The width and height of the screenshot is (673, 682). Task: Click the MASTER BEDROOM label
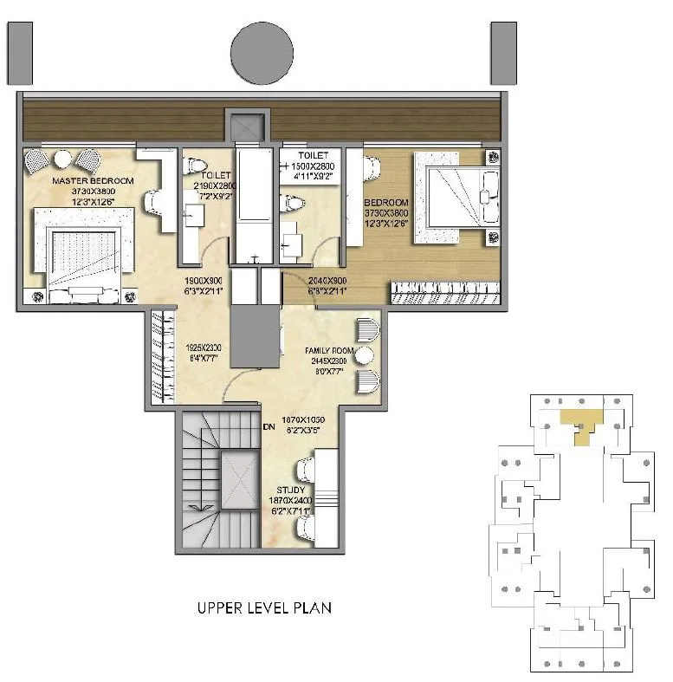[93, 180]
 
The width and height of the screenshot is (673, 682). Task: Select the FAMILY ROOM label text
[327, 350]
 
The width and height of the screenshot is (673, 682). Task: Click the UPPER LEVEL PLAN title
[264, 608]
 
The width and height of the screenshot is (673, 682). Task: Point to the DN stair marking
[269, 426]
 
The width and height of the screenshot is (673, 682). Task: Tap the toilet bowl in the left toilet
[197, 165]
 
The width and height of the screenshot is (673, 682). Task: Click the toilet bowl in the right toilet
[295, 203]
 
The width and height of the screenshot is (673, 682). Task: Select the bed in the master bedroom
[84, 253]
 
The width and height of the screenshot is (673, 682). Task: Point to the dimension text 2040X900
[327, 280]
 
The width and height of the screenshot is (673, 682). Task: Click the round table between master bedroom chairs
[62, 159]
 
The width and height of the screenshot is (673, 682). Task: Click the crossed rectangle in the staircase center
[236, 479]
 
